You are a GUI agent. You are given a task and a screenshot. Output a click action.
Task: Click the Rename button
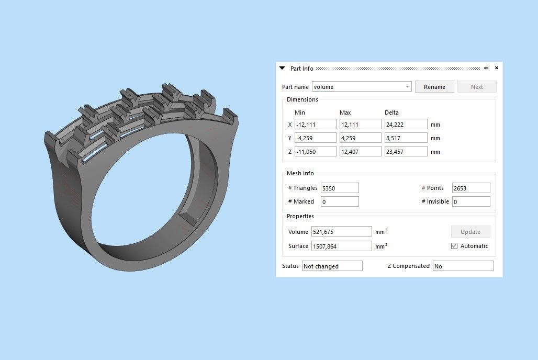434,87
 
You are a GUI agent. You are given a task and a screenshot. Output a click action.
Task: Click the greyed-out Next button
476,87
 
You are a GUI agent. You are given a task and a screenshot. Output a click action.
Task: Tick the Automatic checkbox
454,246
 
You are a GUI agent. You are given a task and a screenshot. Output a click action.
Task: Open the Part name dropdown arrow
407,87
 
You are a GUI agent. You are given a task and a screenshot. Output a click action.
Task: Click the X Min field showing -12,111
315,125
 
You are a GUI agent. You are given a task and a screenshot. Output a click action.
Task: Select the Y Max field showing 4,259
360,138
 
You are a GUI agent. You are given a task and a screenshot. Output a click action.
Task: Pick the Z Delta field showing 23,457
405,152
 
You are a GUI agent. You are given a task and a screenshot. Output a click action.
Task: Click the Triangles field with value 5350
340,188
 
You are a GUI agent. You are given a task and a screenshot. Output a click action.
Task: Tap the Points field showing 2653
471,188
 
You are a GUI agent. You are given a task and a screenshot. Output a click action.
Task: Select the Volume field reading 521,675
341,231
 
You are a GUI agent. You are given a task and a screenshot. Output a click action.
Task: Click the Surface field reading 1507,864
341,246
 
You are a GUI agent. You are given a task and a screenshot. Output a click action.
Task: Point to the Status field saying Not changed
332,266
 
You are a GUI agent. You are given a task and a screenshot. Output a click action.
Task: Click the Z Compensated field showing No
463,266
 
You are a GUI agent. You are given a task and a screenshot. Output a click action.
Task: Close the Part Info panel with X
497,68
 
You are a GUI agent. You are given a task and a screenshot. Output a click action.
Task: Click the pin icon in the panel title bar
486,68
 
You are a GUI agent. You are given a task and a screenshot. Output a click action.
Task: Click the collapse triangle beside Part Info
282,68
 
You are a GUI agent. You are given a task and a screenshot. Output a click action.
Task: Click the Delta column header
391,113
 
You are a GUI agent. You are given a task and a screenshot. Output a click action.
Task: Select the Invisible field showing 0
471,201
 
